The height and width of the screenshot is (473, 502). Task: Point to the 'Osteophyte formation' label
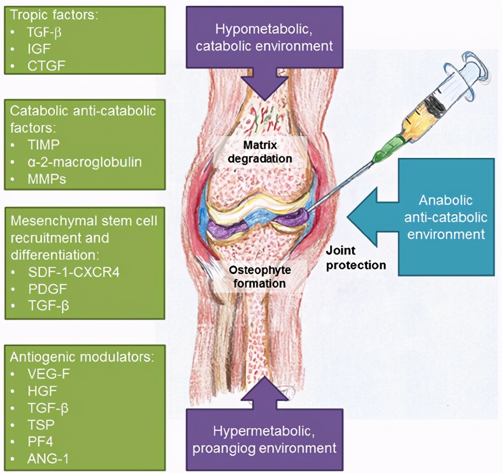(257, 277)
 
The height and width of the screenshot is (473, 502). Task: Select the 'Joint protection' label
(356, 258)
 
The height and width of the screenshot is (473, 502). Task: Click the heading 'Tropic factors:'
(54, 14)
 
